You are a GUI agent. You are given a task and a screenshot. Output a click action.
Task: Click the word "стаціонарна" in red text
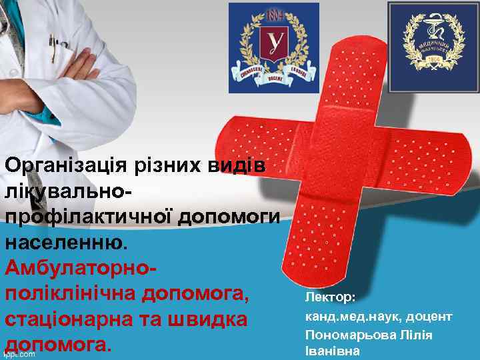[x=62, y=319]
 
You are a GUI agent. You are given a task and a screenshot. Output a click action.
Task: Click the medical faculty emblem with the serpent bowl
[x=433, y=45]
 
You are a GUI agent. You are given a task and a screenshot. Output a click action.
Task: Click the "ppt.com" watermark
[x=19, y=354]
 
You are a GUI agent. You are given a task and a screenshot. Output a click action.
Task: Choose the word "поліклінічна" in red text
[x=75, y=293]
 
